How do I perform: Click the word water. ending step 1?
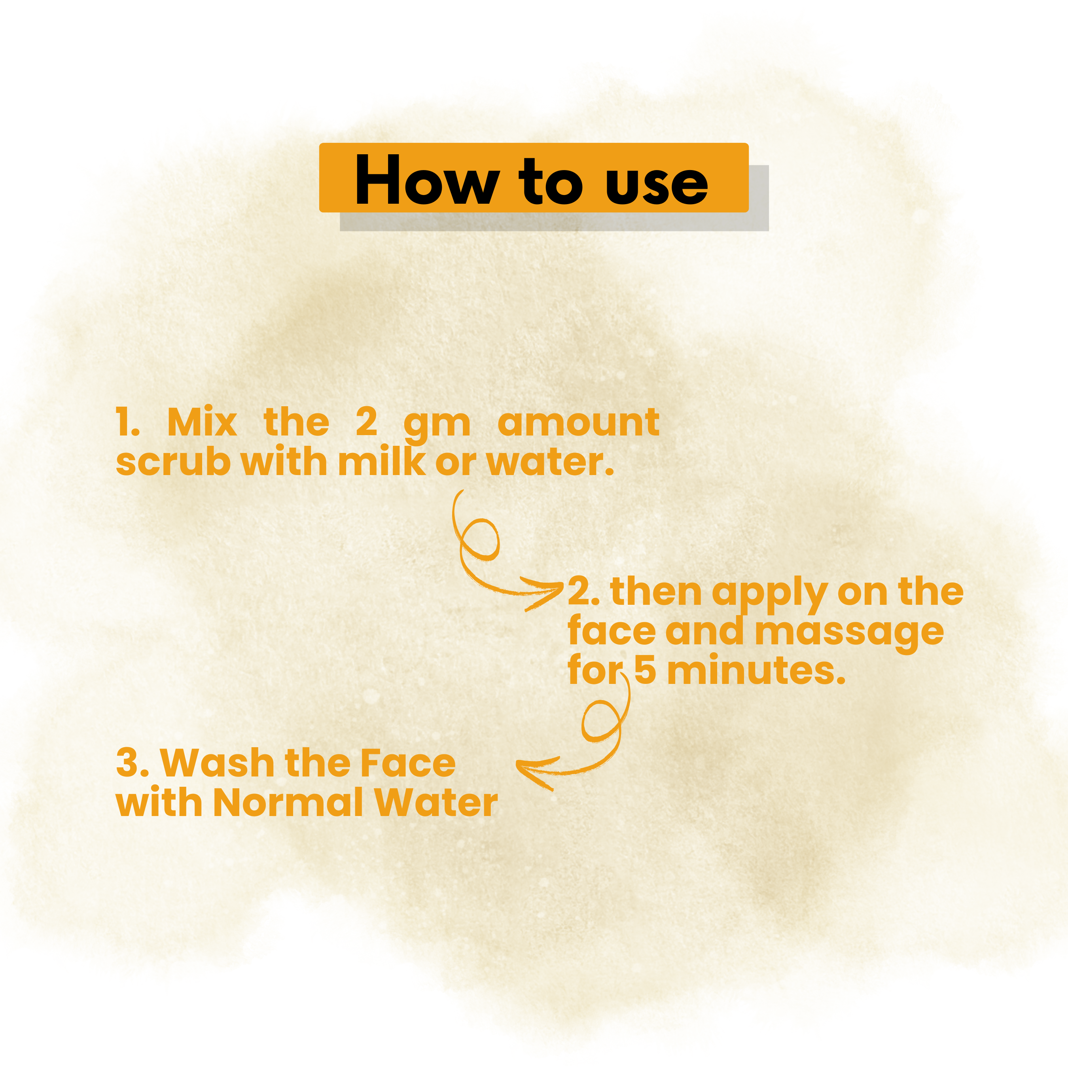(x=550, y=462)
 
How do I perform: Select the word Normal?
(x=288, y=802)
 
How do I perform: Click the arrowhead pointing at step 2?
(x=545, y=593)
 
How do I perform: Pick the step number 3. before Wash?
(x=133, y=763)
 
